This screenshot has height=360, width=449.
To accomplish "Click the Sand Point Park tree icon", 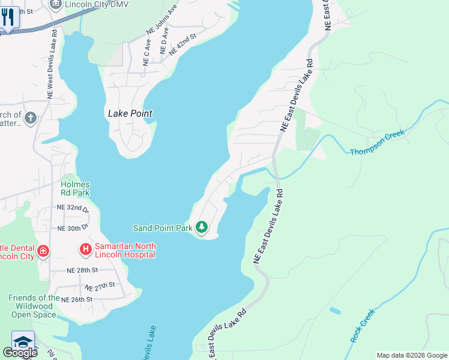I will pos(202,227).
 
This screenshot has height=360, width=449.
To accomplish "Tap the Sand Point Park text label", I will pos(163,228).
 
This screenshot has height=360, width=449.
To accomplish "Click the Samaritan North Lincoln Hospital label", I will pos(125,250).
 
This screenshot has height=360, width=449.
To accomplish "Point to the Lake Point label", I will pos(130,113).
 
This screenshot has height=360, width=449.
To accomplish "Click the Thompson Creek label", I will pos(378,143).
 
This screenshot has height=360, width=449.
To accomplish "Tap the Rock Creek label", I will pos(363,326).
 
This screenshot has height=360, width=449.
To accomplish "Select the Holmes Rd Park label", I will pos(75,188).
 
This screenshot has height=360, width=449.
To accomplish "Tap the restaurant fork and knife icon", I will pos(8,16).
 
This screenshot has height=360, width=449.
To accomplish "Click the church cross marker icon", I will pos(31,118).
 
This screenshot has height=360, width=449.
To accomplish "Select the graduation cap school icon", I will pos(23,341).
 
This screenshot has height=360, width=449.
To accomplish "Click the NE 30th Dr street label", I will pos(73,229).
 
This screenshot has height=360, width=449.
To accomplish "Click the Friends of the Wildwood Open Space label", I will pos(34,305).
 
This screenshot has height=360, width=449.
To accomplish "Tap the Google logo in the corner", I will pos(20,353).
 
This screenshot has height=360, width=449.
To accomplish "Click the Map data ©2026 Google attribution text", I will pos(411,355).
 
